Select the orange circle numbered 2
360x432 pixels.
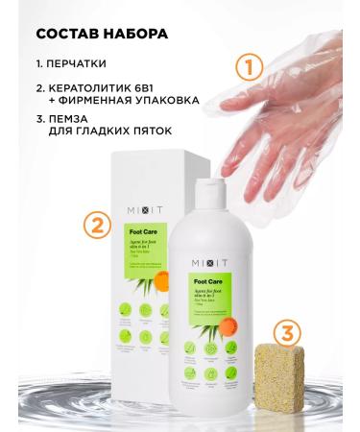(93, 228)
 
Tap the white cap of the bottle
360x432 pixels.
(230, 176)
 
